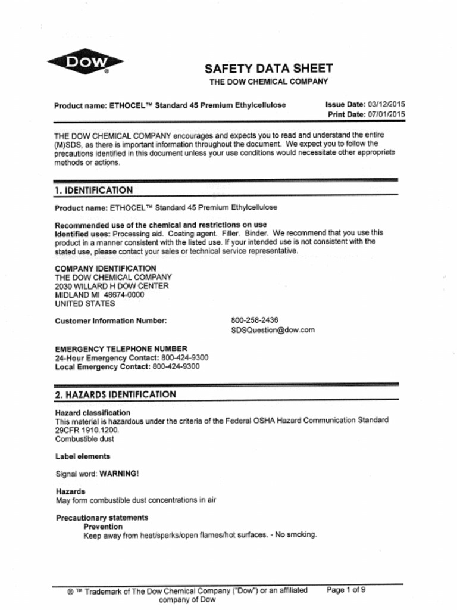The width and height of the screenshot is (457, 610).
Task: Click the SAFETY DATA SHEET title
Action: pyautogui.click(x=268, y=69)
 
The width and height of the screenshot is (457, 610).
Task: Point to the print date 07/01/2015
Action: pyautogui.click(x=387, y=114)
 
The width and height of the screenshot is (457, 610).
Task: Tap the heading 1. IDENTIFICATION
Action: pyautogui.click(x=93, y=190)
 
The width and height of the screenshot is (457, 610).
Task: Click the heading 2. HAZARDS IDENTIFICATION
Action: pyautogui.click(x=115, y=394)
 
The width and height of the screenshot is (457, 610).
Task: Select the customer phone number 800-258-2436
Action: pyautogui.click(x=255, y=320)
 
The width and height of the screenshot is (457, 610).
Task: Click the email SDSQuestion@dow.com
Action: pyautogui.click(x=273, y=329)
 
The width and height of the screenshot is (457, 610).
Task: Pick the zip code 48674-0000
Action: pyautogui.click(x=124, y=295)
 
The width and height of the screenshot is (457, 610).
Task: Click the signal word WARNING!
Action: pyautogui.click(x=119, y=474)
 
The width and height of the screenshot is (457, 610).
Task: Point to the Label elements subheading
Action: pyautogui.click(x=83, y=456)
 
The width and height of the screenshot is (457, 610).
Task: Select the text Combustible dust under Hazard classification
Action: pyautogui.click(x=84, y=439)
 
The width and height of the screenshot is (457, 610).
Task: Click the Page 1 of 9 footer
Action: pyautogui.click(x=346, y=590)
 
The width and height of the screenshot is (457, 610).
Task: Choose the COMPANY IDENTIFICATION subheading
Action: pyautogui.click(x=105, y=269)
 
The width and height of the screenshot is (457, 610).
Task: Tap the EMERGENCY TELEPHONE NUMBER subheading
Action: pyautogui.click(x=121, y=348)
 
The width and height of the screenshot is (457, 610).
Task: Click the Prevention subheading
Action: pyautogui.click(x=103, y=527)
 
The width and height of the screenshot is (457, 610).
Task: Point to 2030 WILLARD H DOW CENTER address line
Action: pyautogui.click(x=112, y=286)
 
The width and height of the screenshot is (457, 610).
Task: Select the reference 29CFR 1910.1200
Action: pyautogui.click(x=87, y=430)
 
